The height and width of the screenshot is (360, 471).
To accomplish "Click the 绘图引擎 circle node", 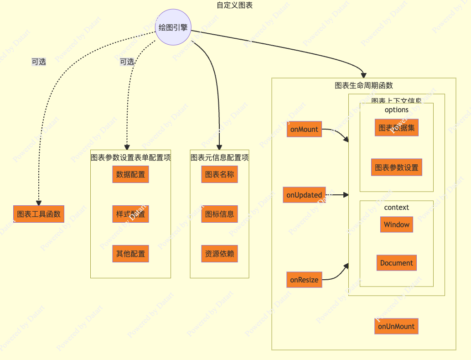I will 173,27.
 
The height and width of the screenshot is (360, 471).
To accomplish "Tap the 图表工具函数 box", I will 39,214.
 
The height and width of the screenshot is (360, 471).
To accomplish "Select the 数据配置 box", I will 130,174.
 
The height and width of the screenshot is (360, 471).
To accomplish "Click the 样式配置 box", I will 130,214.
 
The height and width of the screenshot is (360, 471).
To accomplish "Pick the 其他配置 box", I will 130,254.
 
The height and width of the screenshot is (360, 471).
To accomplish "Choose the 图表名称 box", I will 219,174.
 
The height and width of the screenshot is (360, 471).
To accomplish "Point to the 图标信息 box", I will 219,214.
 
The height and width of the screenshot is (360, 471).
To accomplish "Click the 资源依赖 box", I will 219,254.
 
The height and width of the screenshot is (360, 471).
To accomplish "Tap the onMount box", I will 304,129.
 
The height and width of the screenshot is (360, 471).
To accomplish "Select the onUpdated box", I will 304,195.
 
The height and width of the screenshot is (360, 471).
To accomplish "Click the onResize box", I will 304,280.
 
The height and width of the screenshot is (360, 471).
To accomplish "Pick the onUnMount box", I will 396,326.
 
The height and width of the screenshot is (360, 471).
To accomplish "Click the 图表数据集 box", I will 396,128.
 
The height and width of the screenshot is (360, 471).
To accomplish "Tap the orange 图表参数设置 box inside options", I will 396,167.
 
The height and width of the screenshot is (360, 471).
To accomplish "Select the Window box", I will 396,224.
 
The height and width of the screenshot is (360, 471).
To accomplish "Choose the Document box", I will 396,263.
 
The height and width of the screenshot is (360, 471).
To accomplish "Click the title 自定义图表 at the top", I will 235,5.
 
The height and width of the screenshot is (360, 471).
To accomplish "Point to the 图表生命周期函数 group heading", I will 363,85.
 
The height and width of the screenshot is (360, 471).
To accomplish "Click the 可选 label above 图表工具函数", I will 39,62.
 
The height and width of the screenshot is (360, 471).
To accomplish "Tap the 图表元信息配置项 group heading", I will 219,157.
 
